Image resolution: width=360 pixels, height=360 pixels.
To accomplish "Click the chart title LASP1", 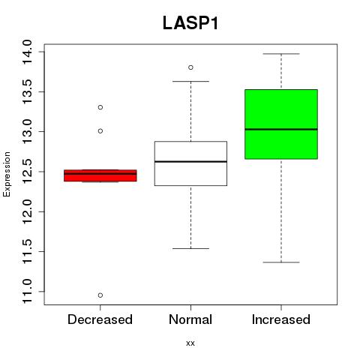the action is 190,23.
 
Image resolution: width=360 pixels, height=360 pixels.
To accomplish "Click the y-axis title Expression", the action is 7,174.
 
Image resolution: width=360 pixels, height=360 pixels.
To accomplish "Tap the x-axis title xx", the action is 190,343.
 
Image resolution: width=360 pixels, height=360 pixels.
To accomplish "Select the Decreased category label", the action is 100,319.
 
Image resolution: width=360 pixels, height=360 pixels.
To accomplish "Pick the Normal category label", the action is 190,319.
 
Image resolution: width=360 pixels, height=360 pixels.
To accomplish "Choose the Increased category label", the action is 281,319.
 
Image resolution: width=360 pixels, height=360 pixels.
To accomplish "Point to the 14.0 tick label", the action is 27,52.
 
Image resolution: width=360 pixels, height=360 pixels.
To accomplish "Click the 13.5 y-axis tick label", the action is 27,91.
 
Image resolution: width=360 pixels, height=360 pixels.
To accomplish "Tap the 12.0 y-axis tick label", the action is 27,211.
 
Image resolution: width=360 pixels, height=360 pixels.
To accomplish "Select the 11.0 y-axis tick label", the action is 27,292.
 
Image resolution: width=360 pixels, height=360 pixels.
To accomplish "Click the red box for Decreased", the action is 100,175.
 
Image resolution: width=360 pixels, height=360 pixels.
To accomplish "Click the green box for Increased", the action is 281,124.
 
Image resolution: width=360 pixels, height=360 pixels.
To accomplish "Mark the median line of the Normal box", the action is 190,161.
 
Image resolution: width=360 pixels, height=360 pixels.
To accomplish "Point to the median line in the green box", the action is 281,129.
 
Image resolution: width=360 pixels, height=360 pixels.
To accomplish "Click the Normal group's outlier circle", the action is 190,67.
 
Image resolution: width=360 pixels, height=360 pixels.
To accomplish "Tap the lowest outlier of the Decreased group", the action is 100,295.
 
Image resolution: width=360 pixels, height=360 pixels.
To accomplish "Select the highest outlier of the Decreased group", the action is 100,107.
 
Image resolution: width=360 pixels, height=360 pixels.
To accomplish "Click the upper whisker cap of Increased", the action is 281,54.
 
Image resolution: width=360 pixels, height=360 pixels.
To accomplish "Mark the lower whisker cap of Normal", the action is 190,248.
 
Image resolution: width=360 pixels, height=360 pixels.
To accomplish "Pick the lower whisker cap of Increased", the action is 281,262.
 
